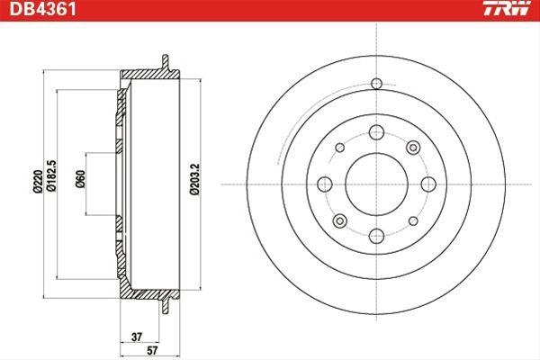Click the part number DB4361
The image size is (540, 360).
click(42, 9)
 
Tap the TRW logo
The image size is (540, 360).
click(507, 8)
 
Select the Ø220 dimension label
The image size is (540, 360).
click(38, 182)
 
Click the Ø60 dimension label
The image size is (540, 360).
click(80, 179)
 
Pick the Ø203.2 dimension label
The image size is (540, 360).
click(194, 179)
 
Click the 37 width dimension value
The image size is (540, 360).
click(137, 337)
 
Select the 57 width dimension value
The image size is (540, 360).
click(152, 350)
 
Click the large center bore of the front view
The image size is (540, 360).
click(376, 184)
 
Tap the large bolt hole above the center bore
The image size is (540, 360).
click(376, 132)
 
